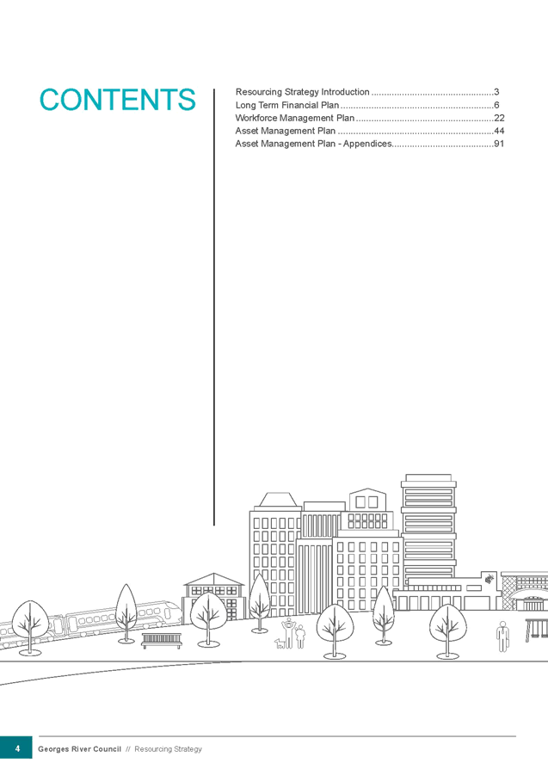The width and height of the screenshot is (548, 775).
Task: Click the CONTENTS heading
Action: click(118, 99)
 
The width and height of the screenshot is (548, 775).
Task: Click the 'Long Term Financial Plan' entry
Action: click(287, 104)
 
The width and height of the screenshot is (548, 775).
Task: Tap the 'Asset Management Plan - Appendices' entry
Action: click(313, 144)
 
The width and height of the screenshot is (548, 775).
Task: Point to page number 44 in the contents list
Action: click(499, 131)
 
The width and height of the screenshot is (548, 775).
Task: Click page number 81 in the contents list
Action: click(499, 144)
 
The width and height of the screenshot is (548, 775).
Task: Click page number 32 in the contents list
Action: click(499, 117)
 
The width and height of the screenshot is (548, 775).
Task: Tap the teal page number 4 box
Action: click(16, 747)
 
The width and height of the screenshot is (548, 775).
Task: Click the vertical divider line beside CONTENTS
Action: click(213, 301)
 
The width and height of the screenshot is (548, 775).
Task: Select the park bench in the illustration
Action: click(162, 639)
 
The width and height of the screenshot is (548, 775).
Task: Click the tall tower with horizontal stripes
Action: click(428, 525)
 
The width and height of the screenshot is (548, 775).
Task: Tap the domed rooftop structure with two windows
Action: click(366, 500)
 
